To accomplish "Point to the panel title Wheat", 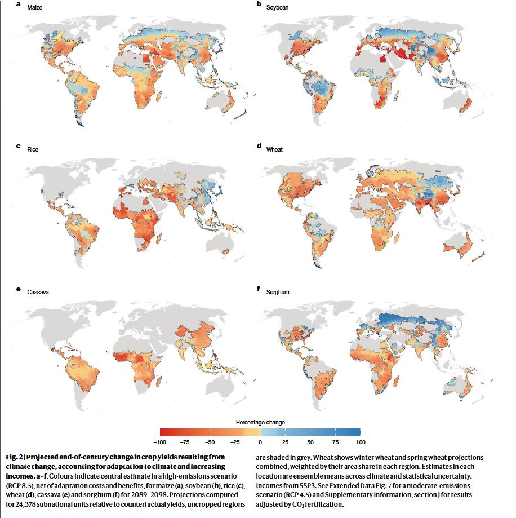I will point(275,149).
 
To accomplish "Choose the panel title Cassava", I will point(38,293).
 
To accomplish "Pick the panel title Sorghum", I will point(277,293).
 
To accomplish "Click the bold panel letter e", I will point(19,289).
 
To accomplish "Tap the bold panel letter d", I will point(259,146).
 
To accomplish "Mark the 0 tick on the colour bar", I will point(260,441).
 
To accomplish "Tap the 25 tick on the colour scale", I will point(285,441).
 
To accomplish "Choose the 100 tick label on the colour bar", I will point(361,441).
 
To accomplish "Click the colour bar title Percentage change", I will point(260,422).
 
